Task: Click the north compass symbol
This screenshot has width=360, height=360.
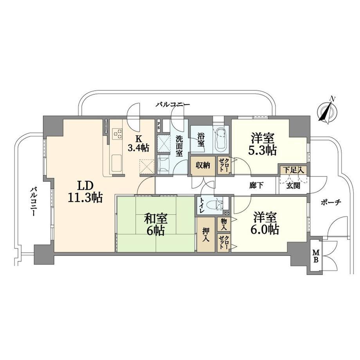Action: (x=328, y=111)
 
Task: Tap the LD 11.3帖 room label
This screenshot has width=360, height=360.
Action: (x=85, y=191)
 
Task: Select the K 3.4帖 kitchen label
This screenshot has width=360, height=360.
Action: (x=138, y=144)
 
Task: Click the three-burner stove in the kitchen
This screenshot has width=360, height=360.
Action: (x=117, y=133)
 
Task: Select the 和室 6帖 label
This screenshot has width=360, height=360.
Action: (x=155, y=224)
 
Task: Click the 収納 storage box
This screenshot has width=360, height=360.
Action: (x=203, y=166)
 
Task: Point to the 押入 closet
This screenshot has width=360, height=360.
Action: (x=206, y=234)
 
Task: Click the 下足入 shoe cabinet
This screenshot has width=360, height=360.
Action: (x=293, y=170)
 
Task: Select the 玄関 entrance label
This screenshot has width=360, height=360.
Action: (x=293, y=185)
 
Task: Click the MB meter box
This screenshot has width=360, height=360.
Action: (x=316, y=256)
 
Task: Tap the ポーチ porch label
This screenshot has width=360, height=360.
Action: (x=331, y=203)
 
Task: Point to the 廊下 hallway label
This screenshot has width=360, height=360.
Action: (x=256, y=185)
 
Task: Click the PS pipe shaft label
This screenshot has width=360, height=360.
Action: (x=158, y=126)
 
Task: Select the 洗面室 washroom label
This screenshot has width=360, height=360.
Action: (x=179, y=146)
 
